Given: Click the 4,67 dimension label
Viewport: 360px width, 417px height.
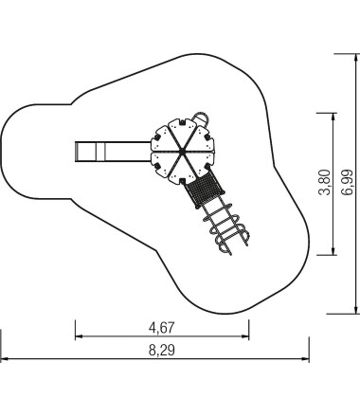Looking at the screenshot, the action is coord(161,328).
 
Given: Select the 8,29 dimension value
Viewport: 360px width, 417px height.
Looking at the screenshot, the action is coord(161,350).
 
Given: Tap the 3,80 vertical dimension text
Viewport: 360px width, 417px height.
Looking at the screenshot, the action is coord(325,183).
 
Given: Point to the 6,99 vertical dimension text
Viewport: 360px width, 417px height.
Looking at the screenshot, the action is coord(347,183).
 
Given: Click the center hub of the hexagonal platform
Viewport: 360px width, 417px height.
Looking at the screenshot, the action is coord(182,153).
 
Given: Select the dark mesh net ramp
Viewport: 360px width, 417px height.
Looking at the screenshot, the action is coord(205,190).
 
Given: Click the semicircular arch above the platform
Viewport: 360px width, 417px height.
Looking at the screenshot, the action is coord(201,117).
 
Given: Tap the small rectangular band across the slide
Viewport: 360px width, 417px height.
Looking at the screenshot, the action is coord(100,152).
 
